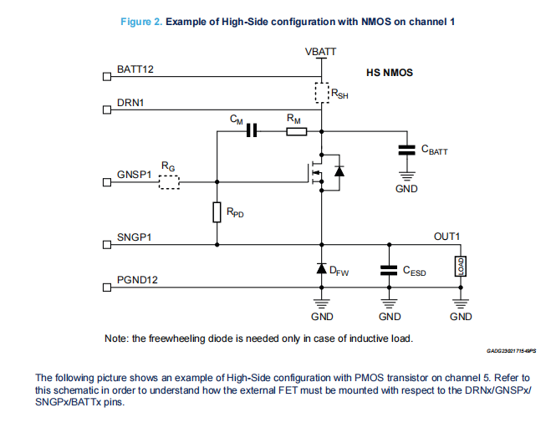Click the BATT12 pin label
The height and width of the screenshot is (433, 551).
tap(135, 69)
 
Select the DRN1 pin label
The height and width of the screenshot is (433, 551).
tap(132, 104)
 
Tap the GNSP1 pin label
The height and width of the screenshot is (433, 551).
tap(134, 176)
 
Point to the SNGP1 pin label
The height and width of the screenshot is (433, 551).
tap(134, 238)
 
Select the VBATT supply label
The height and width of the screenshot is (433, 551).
tap(322, 52)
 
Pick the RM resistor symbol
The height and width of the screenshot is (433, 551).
tap(296, 131)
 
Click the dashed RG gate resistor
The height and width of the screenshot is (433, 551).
tap(169, 181)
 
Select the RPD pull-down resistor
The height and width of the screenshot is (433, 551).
tap(217, 212)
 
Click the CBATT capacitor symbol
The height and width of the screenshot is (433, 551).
tap(407, 150)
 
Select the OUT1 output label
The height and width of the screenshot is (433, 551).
tap(447, 237)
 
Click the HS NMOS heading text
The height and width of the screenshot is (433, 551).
tap(390, 73)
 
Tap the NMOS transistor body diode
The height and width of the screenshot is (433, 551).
tap(339, 171)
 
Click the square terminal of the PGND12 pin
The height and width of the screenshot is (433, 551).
tap(106, 288)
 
